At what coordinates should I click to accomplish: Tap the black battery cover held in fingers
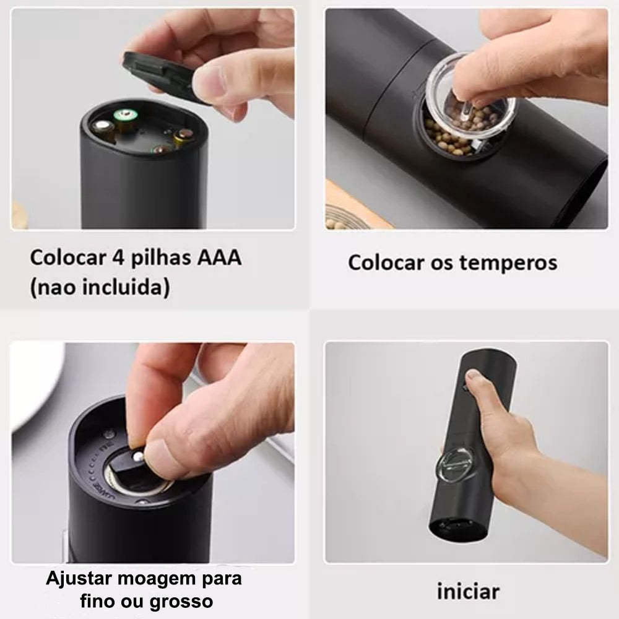pos(161,73)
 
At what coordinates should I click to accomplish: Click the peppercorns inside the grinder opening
pos(446,133)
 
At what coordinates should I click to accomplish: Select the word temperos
pos(508,262)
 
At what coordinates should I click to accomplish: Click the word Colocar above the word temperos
pos(386,262)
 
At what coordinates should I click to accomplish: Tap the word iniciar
pos(467,591)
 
